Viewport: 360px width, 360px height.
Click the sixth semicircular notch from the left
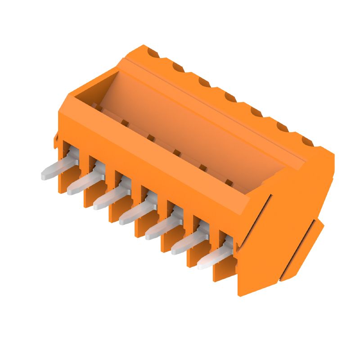coord(282,127)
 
